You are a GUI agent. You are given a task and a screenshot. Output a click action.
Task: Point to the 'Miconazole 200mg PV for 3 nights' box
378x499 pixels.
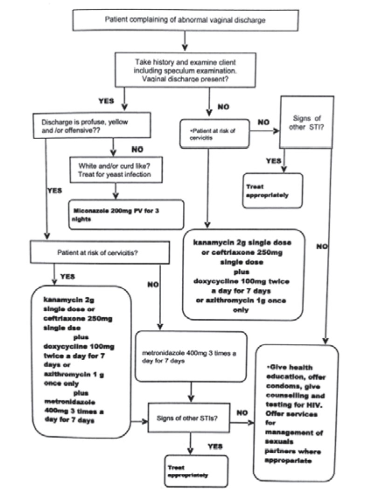(126, 215)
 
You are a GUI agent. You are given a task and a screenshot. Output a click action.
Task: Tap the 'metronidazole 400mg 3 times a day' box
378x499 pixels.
(190, 356)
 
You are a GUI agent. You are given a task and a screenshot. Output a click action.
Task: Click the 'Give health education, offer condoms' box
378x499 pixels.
(296, 413)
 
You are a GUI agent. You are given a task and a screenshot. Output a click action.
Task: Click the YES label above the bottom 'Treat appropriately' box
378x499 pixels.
(215, 447)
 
